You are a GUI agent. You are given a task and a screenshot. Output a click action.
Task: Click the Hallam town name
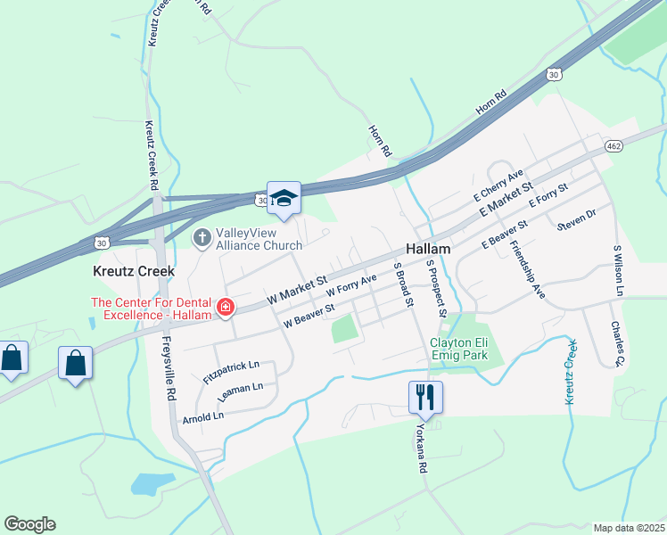[429, 251]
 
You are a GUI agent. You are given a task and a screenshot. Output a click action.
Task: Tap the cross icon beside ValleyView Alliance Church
[202, 238]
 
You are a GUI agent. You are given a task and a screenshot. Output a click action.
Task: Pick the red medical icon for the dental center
[226, 309]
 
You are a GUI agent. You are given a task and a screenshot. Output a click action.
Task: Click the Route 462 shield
[613, 146]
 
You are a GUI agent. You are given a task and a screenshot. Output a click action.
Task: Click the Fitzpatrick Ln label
[231, 371]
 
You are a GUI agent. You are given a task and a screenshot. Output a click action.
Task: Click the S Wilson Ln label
[616, 270]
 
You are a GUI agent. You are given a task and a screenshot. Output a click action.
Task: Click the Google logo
[29, 524]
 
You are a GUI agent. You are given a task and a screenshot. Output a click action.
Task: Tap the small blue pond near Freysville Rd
[152, 483]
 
